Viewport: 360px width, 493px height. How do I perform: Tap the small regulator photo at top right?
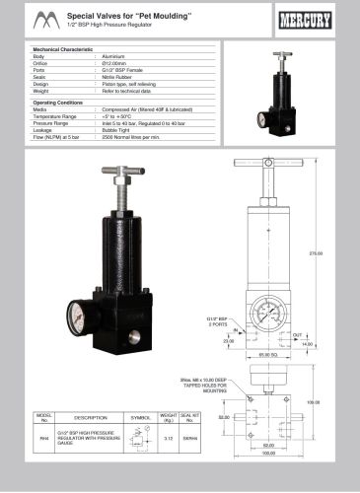tap(278, 94)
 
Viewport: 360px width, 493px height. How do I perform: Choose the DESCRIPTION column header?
tap(90, 417)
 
